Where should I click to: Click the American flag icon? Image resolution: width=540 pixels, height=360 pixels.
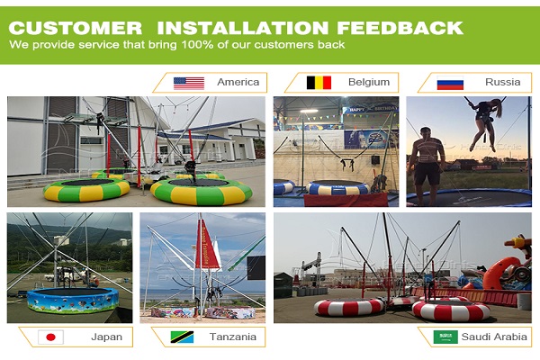(x=189, y=83)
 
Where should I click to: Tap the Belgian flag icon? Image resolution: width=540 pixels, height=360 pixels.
(x=319, y=83)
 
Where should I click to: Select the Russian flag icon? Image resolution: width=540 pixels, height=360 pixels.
(x=450, y=83)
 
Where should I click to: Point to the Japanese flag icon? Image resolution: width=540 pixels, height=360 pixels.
(x=50, y=337)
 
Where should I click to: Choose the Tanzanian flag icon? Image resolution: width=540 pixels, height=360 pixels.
(x=182, y=337)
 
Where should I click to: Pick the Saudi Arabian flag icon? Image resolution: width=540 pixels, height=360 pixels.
(x=445, y=337)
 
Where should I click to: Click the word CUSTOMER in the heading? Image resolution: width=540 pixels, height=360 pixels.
(x=76, y=28)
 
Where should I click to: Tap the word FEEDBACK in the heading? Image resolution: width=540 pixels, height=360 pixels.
(x=400, y=28)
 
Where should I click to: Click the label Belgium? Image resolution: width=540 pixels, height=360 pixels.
(x=369, y=82)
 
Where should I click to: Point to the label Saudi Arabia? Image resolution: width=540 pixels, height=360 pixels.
(x=494, y=337)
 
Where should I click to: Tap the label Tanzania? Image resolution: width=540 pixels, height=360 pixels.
(x=233, y=337)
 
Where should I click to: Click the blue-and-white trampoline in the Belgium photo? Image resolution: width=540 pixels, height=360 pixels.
(x=337, y=188)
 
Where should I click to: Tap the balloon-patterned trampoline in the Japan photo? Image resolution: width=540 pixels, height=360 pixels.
(x=73, y=300)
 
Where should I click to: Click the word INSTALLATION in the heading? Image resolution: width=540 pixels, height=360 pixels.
(x=242, y=28)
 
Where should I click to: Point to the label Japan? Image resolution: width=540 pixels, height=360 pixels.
(x=106, y=337)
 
